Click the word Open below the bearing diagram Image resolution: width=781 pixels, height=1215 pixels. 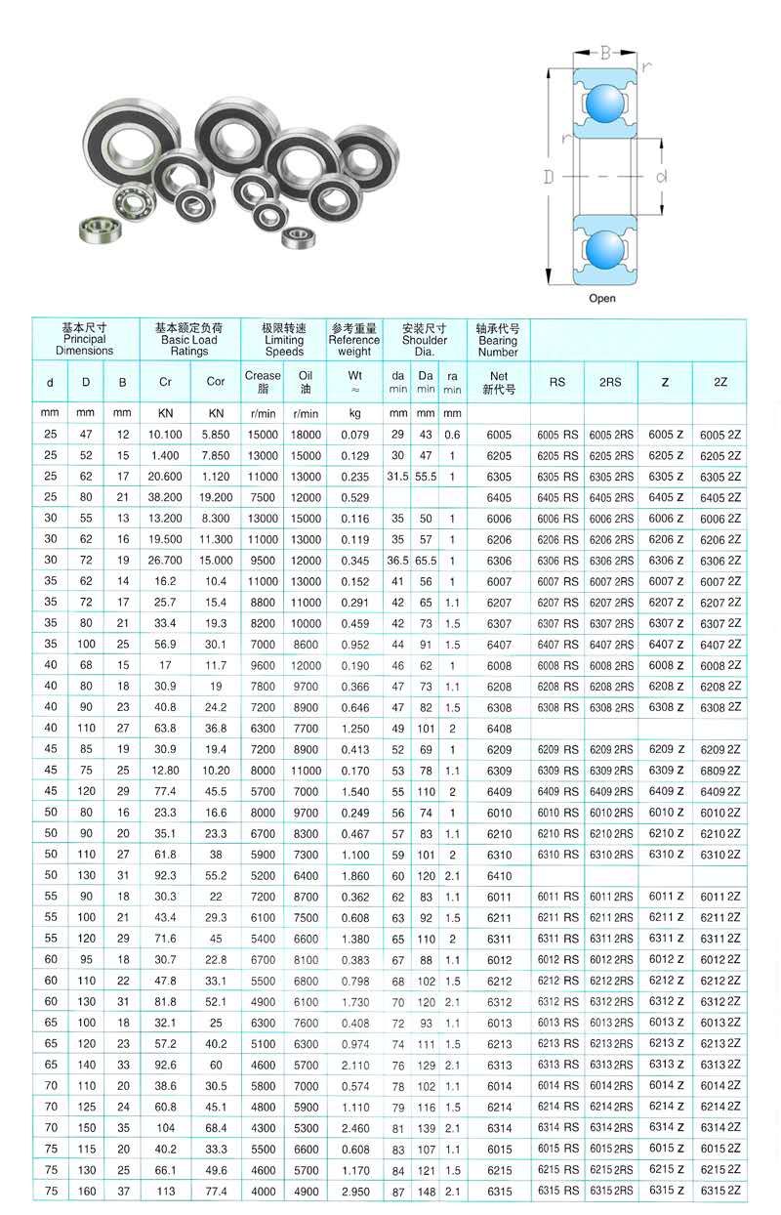click(602, 298)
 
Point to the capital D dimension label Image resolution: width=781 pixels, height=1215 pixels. click(549, 176)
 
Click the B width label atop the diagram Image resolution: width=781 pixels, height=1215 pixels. click(604, 52)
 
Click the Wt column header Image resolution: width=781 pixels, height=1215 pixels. click(354, 375)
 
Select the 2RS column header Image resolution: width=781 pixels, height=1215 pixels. click(610, 382)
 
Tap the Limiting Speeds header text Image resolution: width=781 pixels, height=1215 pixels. click(284, 340)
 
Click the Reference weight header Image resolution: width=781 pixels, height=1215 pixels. click(354, 340)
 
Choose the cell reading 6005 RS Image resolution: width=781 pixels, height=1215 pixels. click(557, 435)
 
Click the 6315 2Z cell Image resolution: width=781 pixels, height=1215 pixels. click(720, 1191)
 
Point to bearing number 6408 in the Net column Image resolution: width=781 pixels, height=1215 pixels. click(499, 728)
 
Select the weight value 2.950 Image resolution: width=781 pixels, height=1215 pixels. click(354, 1192)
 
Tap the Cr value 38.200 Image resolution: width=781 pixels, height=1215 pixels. click(164, 497)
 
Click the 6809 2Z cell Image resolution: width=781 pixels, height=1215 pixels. click(720, 771)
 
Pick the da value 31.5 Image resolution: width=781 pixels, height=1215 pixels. click(397, 477)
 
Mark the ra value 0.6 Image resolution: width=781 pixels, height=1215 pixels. click(452, 435)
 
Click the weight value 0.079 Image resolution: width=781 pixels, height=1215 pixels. click(354, 435)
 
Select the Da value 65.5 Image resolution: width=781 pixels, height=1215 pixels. click(426, 561)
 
